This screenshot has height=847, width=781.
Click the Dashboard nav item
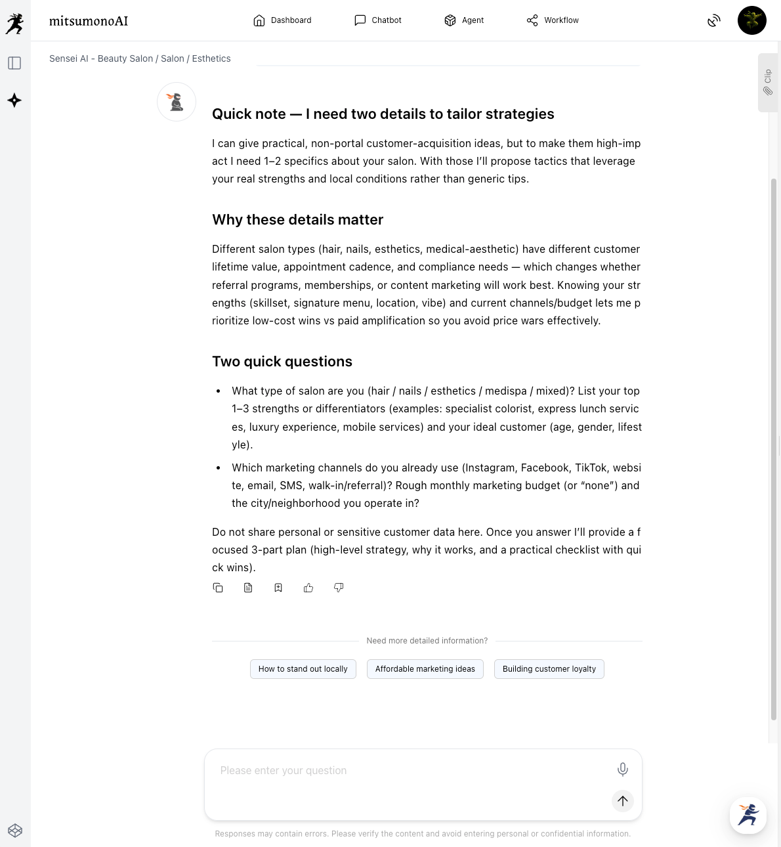[x=282, y=20]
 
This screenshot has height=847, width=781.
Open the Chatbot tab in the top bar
[x=378, y=20]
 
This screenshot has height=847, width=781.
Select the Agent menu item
[x=464, y=20]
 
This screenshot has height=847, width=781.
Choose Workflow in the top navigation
[x=553, y=20]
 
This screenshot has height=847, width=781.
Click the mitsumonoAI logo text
[x=89, y=21]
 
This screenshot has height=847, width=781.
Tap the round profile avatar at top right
[x=751, y=20]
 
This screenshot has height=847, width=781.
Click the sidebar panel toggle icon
[x=14, y=63]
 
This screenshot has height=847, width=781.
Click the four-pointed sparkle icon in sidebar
[x=14, y=100]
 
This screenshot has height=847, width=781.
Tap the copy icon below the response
[x=218, y=588]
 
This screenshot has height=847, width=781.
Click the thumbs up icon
[x=308, y=588]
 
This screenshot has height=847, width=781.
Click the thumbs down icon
[x=339, y=588]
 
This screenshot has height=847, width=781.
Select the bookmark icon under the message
[x=278, y=588]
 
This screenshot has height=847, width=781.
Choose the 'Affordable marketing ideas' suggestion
[x=425, y=669]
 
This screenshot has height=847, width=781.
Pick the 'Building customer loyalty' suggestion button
[x=549, y=669]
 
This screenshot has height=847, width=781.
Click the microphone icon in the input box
[x=623, y=770]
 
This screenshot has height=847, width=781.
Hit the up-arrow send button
[x=623, y=801]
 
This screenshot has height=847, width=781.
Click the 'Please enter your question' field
[x=407, y=771]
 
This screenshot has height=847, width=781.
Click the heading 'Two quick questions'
[x=282, y=362]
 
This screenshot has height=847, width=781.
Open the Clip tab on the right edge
[x=768, y=83]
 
